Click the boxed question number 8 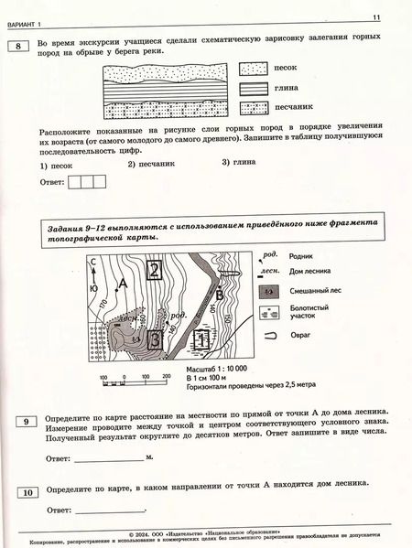point(16,48)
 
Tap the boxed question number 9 point(28,420)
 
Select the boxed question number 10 point(28,492)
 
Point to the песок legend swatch point(251,69)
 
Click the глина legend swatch point(251,88)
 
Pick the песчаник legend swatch point(251,107)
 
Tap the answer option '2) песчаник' point(150,164)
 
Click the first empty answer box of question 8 point(74,182)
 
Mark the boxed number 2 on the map point(156,269)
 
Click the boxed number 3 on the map point(156,339)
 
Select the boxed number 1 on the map point(202,339)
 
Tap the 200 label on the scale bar point(166,376)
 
